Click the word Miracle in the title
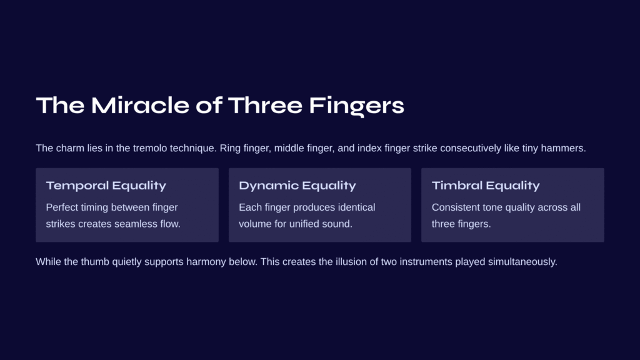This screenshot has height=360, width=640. pos(140,105)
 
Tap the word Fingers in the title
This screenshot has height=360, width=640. pos(357,106)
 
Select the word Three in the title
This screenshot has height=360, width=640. pos(265,105)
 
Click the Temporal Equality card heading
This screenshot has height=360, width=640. pos(106,186)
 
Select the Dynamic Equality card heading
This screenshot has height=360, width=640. pos(297,186)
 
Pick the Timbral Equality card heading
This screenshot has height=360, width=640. pos(486,186)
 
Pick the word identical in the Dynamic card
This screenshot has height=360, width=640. pos(357,207)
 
